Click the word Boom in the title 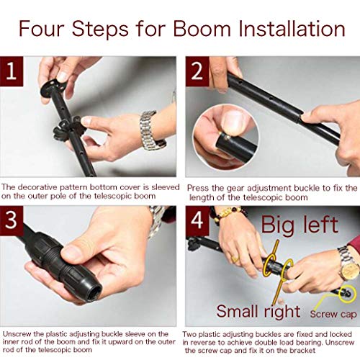point(202,29)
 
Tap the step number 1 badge point(12,71)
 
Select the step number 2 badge point(197,71)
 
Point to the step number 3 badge point(12,220)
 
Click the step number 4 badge point(197,220)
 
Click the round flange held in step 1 point(53,88)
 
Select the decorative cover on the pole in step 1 point(68,130)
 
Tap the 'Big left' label point(300,225)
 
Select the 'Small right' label point(258,312)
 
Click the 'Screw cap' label point(333,314)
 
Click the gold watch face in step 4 point(350,271)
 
